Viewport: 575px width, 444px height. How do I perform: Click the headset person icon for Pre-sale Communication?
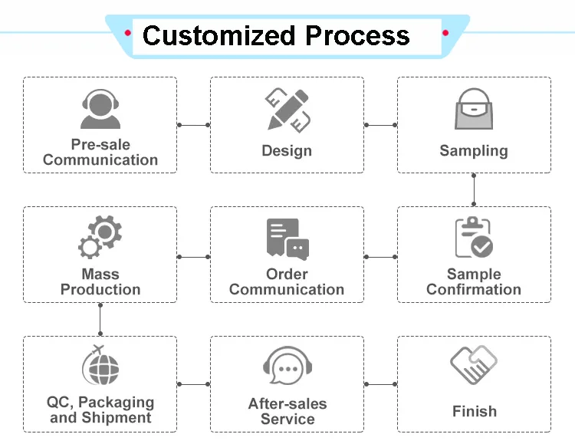[x=100, y=110]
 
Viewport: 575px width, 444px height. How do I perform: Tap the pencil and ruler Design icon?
[x=287, y=109]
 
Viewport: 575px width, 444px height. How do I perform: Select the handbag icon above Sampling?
[x=474, y=110]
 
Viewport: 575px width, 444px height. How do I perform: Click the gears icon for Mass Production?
[x=100, y=237]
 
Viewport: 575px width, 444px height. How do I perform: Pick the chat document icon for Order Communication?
[x=287, y=239]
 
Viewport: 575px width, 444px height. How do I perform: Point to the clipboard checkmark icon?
[x=474, y=237]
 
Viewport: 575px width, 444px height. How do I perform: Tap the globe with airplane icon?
[x=100, y=366]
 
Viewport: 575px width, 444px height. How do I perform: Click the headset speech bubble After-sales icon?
[x=287, y=366]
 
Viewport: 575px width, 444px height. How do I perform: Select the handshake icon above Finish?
[x=474, y=366]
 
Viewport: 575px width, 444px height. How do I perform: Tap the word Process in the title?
[x=356, y=35]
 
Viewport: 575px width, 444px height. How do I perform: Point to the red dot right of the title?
[x=445, y=32]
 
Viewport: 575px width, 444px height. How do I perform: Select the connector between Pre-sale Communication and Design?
[x=193, y=125]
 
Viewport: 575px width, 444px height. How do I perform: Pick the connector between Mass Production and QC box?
[x=100, y=319]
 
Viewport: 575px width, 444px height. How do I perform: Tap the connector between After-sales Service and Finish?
[x=380, y=383]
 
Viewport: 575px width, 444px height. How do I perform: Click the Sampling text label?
[x=474, y=151]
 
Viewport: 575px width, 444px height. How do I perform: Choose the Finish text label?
[x=474, y=412]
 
